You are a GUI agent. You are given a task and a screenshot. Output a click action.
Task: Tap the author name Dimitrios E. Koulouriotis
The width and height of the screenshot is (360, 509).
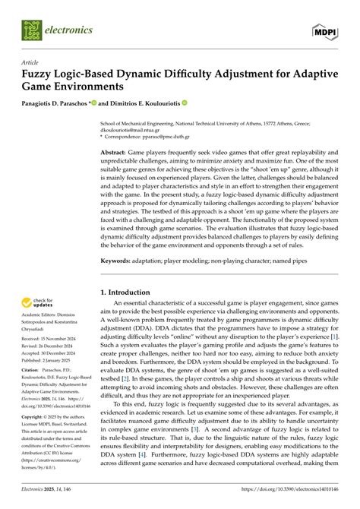click(x=142, y=103)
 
